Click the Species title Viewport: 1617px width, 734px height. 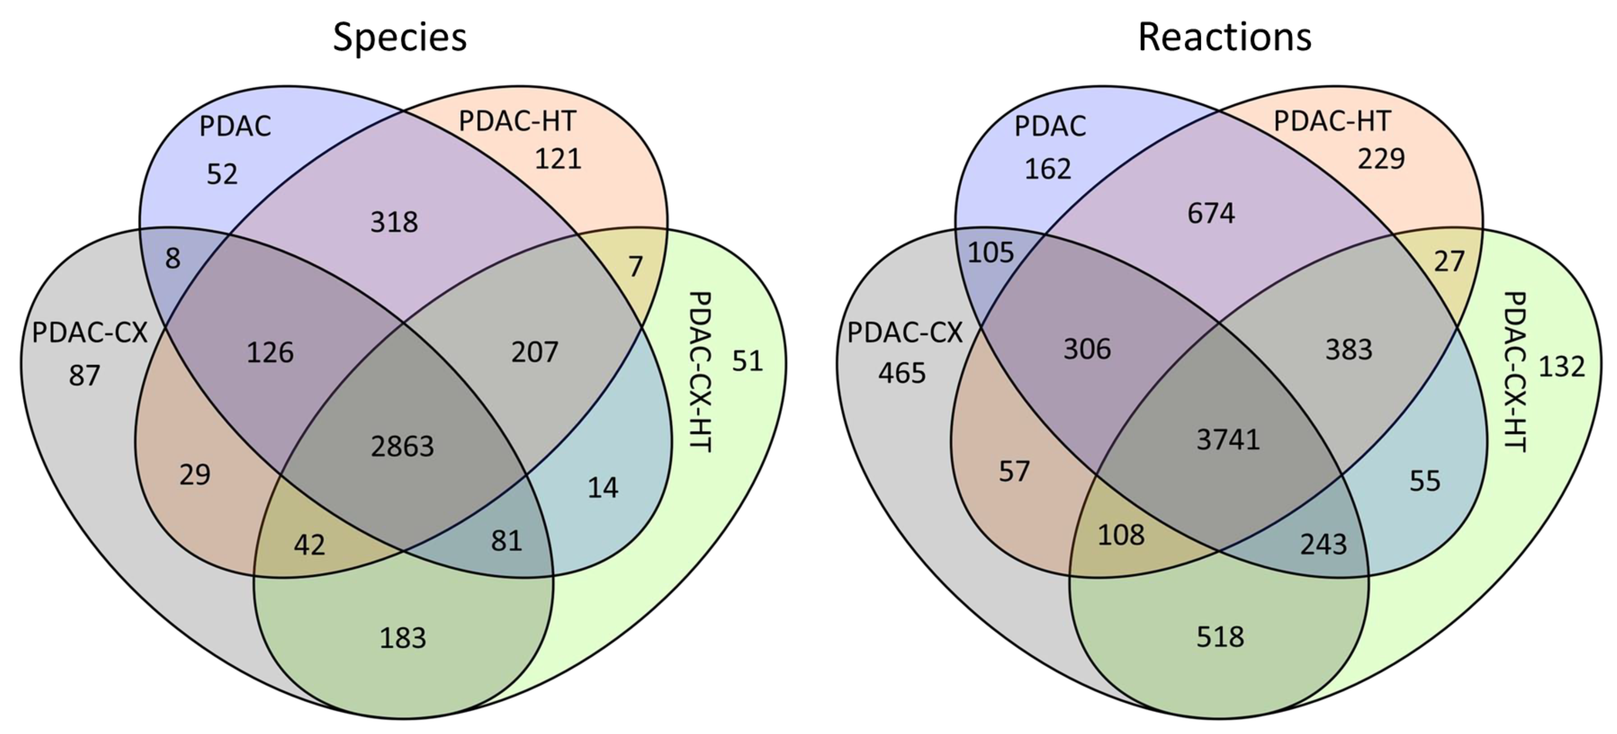[x=400, y=37]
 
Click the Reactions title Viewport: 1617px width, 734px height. [x=1225, y=37]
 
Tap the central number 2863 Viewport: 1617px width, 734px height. [x=403, y=446]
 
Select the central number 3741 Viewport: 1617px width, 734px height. [x=1228, y=440]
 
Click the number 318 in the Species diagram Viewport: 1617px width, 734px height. [x=394, y=222]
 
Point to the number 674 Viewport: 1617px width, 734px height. [x=1211, y=213]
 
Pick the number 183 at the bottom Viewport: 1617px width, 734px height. [x=403, y=638]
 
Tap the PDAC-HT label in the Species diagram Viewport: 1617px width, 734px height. [x=517, y=121]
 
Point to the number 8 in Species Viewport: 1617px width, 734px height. [x=173, y=259]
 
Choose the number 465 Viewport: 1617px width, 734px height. [x=902, y=374]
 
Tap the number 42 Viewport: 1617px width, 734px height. [x=309, y=545]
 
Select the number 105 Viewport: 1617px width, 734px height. [x=991, y=252]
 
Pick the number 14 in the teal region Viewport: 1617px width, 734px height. [x=603, y=488]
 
